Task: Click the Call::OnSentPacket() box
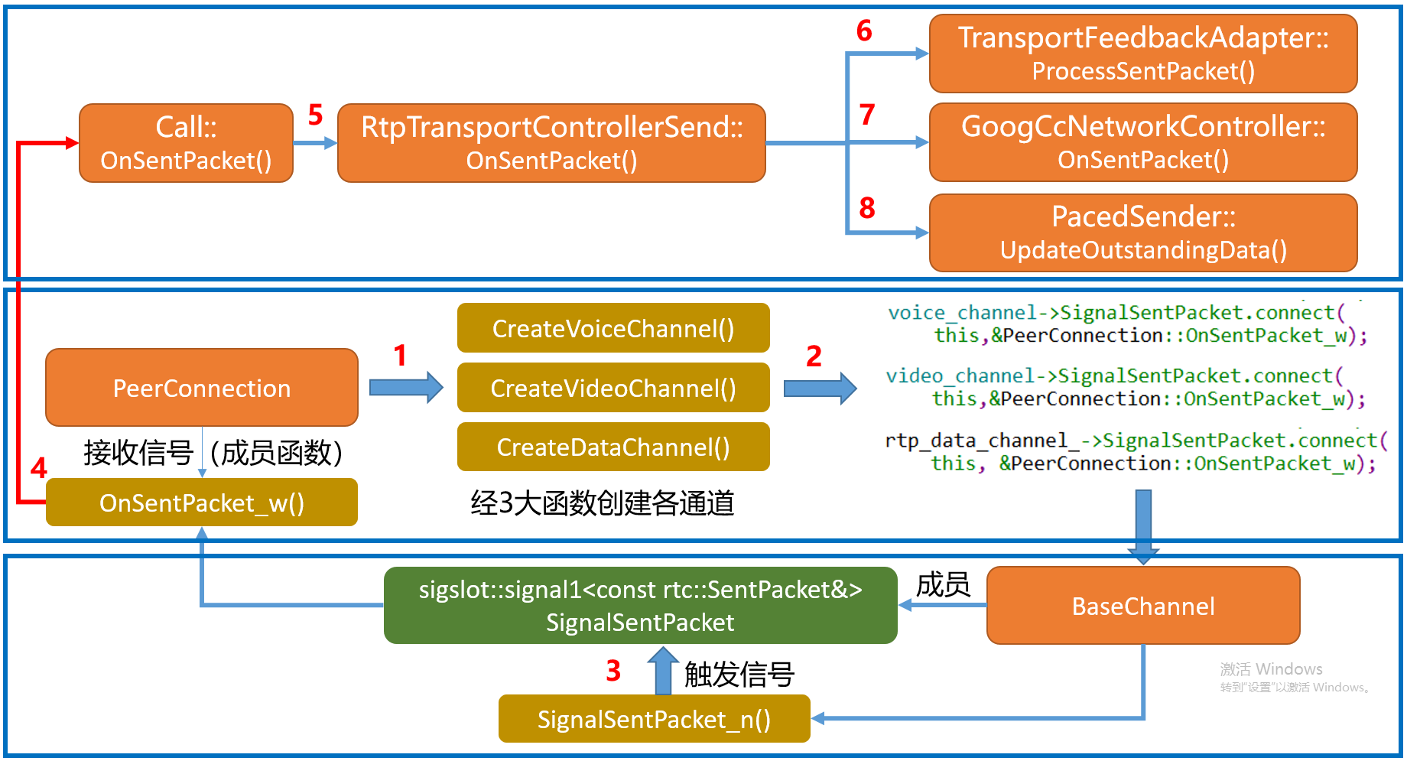(186, 143)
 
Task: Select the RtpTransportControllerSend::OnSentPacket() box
(551, 143)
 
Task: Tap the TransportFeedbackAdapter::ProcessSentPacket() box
(1143, 54)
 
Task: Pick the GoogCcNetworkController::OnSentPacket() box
(1143, 142)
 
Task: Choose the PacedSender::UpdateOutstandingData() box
(1143, 233)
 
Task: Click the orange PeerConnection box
(202, 388)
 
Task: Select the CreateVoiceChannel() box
(613, 328)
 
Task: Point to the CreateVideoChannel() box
(613, 388)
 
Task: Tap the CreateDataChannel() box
(613, 447)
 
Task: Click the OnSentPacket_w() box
(202, 502)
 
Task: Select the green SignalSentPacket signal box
(640, 605)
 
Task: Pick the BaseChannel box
(1143, 606)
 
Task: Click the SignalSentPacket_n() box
(654, 719)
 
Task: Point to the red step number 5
(315, 115)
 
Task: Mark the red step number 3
(613, 671)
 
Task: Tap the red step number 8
(866, 208)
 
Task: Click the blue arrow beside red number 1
(406, 387)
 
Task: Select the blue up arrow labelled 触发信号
(663, 671)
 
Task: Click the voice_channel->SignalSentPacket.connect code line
(1116, 313)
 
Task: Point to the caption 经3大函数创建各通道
(603, 502)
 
